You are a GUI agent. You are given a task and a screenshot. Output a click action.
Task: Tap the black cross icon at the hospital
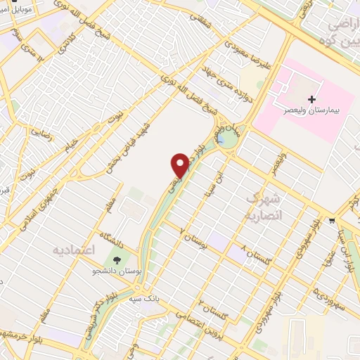point(312,101)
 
